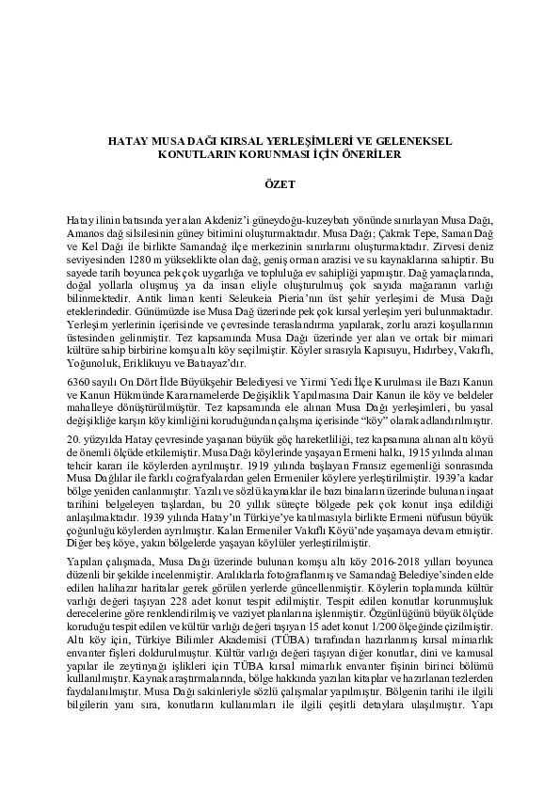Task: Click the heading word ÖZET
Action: click(x=280, y=186)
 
